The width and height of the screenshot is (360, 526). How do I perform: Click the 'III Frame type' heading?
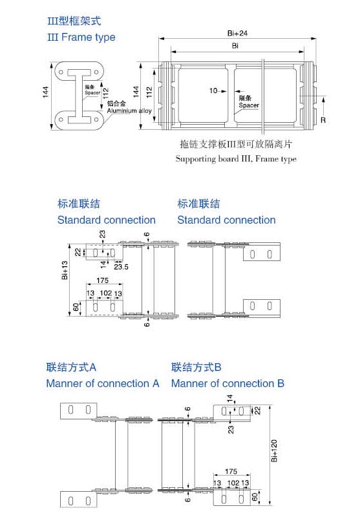click(x=81, y=37)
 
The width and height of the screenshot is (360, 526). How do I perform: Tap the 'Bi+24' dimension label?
click(x=237, y=33)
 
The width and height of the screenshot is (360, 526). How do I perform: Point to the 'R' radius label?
click(x=323, y=120)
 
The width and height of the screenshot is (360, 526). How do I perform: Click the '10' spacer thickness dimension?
click(x=213, y=90)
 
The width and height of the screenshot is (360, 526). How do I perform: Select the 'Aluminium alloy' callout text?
click(x=129, y=110)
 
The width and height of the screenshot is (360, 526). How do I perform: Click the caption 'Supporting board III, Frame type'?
click(x=236, y=159)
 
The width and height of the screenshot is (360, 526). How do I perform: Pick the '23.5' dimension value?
click(x=121, y=267)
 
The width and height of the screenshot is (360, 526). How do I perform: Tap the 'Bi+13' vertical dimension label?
click(x=65, y=270)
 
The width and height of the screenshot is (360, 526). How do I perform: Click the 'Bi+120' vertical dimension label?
click(x=274, y=450)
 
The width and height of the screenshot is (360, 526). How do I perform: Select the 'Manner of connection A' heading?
click(x=103, y=383)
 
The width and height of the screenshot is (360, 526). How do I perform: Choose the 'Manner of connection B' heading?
click(x=228, y=383)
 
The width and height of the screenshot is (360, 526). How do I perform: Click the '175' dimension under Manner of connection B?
click(x=231, y=471)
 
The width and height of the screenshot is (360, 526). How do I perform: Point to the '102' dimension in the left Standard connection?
click(x=106, y=293)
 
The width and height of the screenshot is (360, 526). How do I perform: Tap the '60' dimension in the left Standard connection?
click(x=76, y=307)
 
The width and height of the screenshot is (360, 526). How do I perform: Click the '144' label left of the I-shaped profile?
click(x=46, y=92)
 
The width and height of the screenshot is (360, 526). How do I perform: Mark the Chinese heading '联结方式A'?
click(x=71, y=367)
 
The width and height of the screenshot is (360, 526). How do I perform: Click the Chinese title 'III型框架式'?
click(x=74, y=21)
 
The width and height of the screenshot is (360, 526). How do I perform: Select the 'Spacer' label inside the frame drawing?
click(x=249, y=105)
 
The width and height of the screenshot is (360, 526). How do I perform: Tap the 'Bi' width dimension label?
click(x=235, y=46)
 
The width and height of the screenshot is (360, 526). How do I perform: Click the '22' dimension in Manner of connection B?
click(x=257, y=410)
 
